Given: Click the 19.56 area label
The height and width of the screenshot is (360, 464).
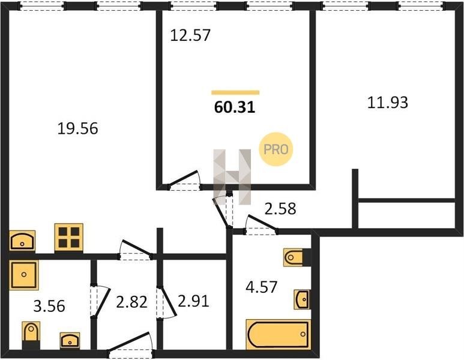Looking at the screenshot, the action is pos(77,128).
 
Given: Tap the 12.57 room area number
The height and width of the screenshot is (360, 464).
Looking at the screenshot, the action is pos(190,35).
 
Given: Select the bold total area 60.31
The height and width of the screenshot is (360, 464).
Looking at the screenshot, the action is pos(235,107).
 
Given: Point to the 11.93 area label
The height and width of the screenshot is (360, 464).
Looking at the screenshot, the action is pos(388,103).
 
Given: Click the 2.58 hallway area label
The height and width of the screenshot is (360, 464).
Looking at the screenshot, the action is pos(280,209).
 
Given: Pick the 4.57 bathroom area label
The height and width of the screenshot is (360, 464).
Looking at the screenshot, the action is pos(262,287).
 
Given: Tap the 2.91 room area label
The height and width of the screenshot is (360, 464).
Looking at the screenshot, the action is pos(193,301).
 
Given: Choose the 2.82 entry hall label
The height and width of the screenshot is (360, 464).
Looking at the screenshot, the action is pos(131,302).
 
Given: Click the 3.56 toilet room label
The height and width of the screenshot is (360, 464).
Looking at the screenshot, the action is pos(49,306).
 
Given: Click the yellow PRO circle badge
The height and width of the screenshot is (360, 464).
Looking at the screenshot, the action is pos(276,149).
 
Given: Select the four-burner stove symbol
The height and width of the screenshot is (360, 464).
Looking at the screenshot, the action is pos(68,238).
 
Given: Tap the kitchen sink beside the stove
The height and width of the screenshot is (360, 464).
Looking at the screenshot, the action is pos(22,241).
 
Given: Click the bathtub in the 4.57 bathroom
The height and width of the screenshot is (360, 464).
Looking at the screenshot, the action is pos(279,334).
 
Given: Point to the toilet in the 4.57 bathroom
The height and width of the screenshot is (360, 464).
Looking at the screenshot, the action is pos(297,257).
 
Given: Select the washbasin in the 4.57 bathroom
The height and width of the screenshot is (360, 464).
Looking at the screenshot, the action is pos(302,299).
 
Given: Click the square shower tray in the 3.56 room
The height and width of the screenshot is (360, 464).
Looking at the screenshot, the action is pos(23,275).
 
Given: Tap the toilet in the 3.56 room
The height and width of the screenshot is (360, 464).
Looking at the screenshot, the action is pos(31,335).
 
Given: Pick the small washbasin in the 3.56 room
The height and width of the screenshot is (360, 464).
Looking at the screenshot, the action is pos(70,340).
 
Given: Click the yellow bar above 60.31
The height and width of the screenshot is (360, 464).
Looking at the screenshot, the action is pos(235,92).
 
